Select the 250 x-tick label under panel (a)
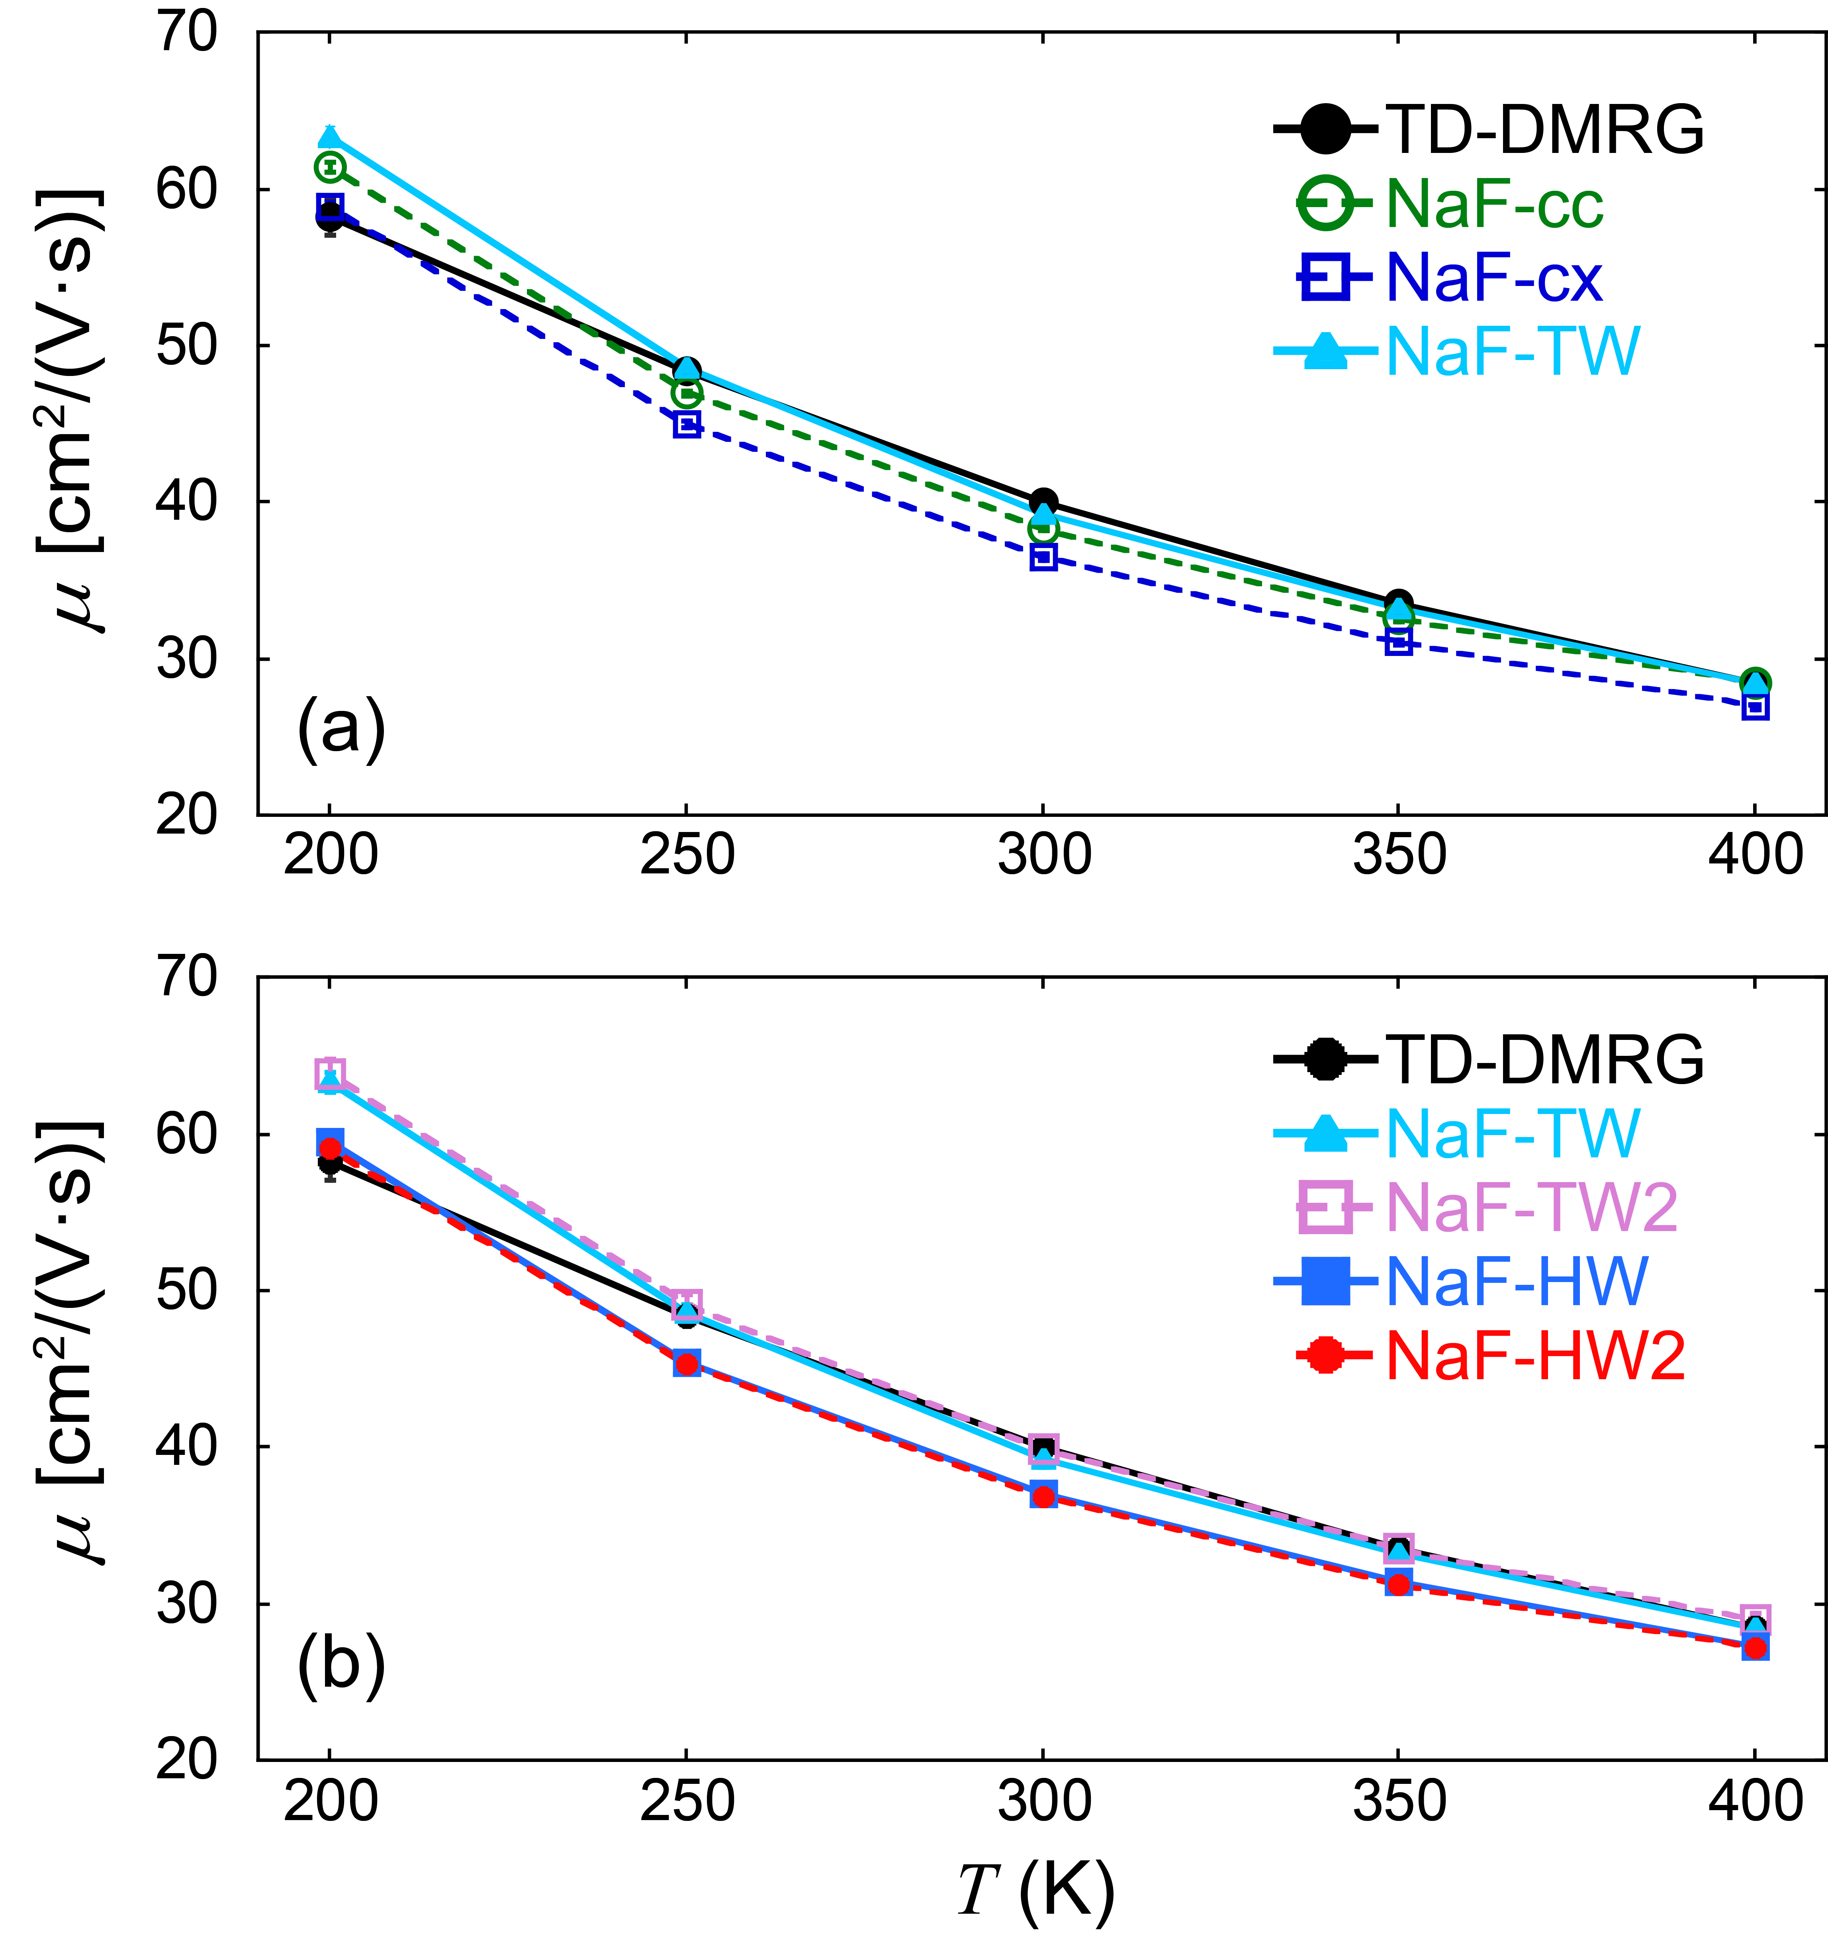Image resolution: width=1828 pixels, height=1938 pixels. click(686, 856)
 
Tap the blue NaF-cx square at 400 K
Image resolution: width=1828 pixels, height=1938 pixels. click(1755, 707)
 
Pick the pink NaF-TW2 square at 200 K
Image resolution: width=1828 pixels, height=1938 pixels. click(331, 1073)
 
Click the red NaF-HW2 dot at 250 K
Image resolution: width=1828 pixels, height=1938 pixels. click(686, 1364)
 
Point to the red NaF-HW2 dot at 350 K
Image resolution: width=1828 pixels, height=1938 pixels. click(1399, 1584)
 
